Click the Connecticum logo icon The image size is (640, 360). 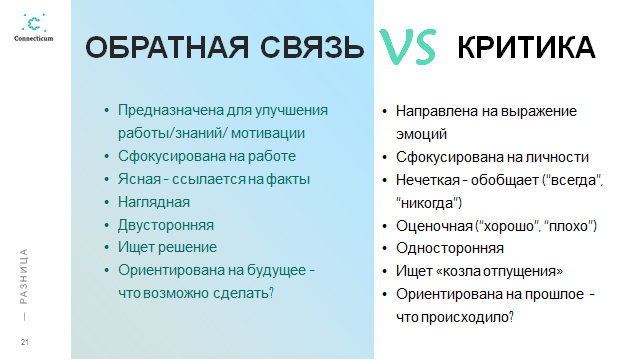pyautogui.click(x=34, y=23)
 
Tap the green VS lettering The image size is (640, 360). pyautogui.click(x=408, y=46)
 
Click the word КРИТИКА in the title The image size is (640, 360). pyautogui.click(x=526, y=47)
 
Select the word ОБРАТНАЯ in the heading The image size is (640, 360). pyautogui.click(x=167, y=47)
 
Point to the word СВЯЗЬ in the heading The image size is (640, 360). pyautogui.click(x=312, y=47)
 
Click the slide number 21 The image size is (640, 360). pyautogui.click(x=25, y=342)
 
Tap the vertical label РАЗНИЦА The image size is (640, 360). pyautogui.click(x=24, y=276)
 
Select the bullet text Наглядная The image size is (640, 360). pyautogui.click(x=154, y=202)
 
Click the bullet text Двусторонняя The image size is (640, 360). pyautogui.click(x=166, y=225)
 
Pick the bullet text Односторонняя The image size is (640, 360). pyautogui.click(x=450, y=248)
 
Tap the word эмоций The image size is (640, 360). pyautogui.click(x=421, y=134)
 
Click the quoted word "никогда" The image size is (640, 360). pyautogui.click(x=429, y=203)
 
